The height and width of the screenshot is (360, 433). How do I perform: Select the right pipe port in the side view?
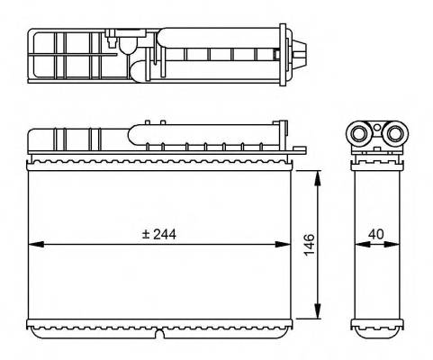pyautogui.click(x=393, y=136)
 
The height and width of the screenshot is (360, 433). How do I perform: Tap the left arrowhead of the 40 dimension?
pyautogui.click(x=357, y=244)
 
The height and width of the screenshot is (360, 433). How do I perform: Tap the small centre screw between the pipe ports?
pyautogui.click(x=378, y=135)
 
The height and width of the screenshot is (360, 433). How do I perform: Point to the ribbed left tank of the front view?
pyautogui.click(x=68, y=141)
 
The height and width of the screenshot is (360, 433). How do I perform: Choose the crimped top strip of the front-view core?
pyautogui.click(x=162, y=163)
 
